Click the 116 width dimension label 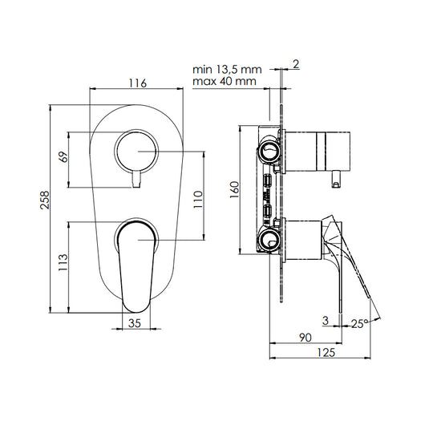(137, 83)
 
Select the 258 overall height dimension (45, 200)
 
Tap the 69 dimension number (63, 157)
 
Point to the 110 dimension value (198, 200)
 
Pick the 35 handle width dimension (135, 323)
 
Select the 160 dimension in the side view (235, 190)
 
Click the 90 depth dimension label (306, 338)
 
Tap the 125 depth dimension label (326, 352)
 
